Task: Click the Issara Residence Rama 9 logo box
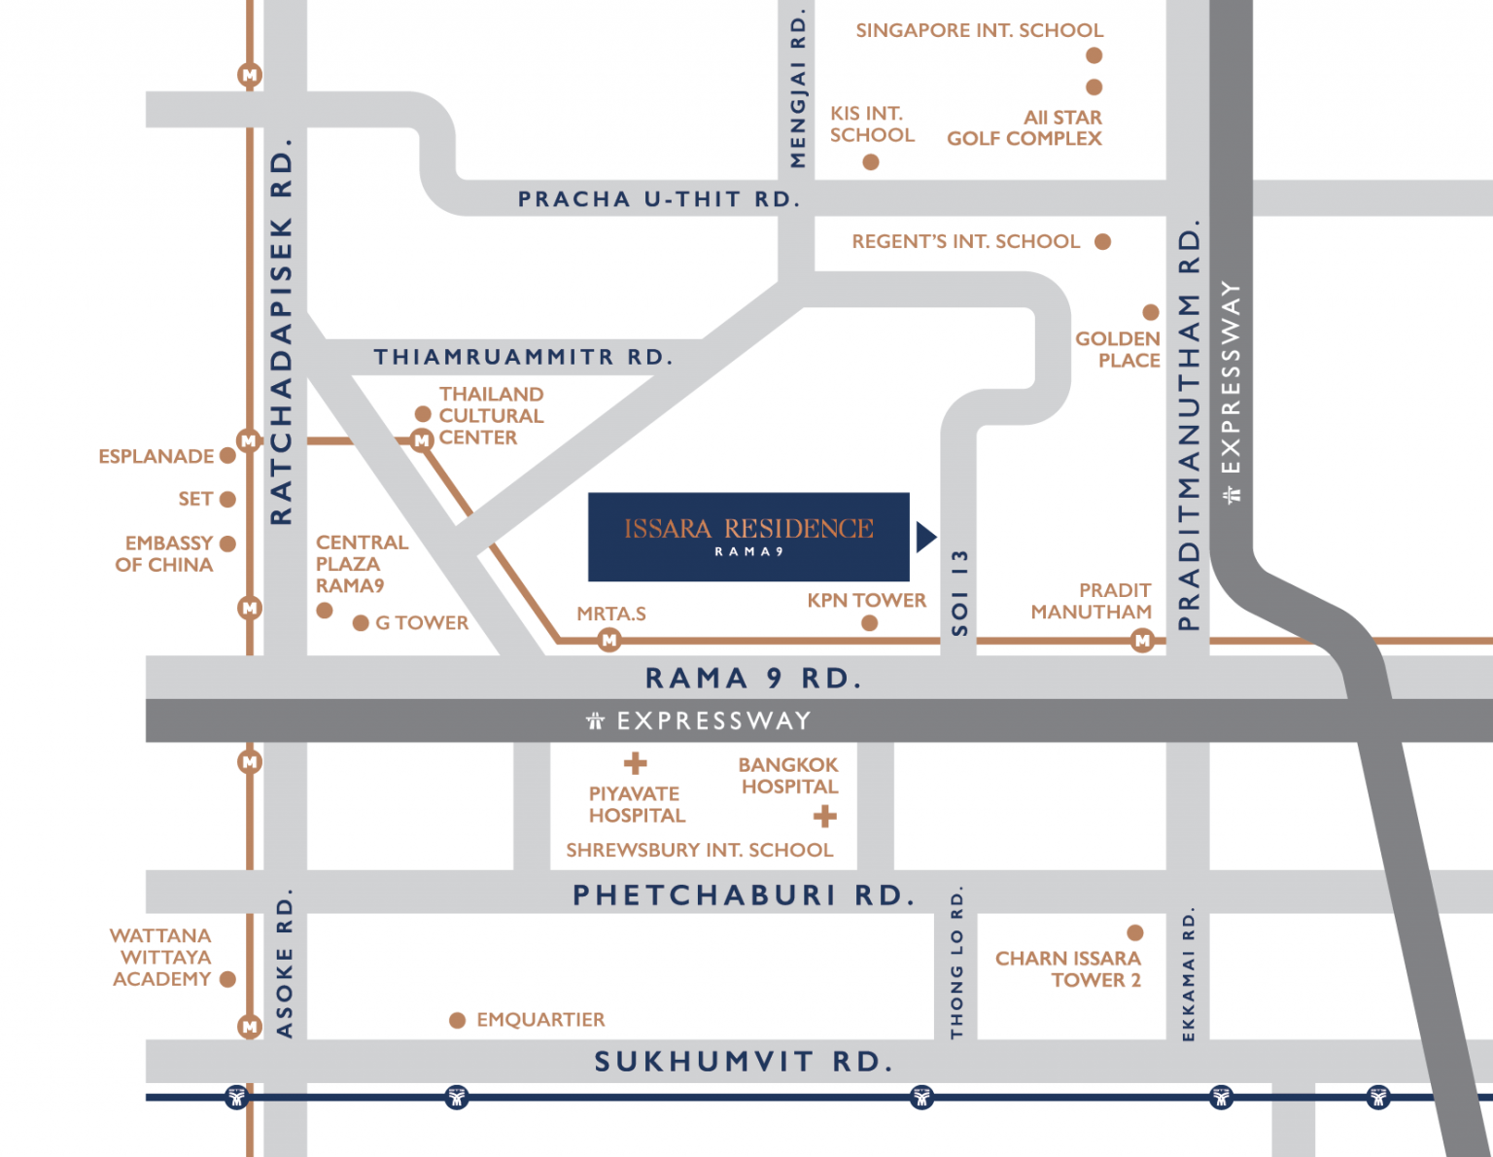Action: [748, 537]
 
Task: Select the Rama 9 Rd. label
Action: [753, 678]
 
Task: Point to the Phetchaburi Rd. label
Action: [745, 895]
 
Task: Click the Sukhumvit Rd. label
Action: [745, 1062]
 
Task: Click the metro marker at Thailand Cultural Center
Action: [421, 439]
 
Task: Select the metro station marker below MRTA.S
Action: [608, 641]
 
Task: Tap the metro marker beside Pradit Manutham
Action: [1143, 641]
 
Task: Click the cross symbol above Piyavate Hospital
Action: [636, 763]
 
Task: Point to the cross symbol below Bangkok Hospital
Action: [825, 817]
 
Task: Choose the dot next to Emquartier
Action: [458, 1020]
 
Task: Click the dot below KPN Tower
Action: [869, 623]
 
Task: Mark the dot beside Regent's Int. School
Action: [1103, 242]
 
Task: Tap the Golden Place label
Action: [1118, 350]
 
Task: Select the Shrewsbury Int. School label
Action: [700, 850]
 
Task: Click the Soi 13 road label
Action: [959, 593]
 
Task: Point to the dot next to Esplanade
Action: [228, 456]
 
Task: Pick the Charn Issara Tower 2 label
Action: [1068, 968]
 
